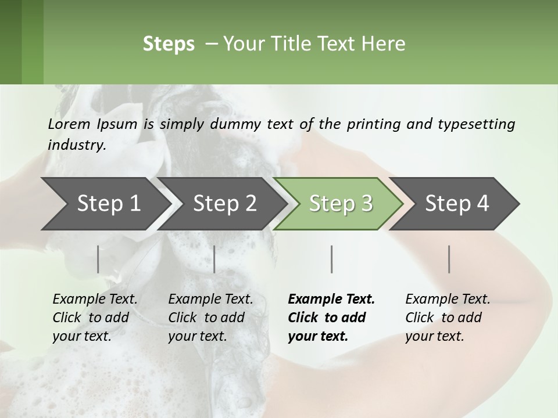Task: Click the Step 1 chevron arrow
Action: point(105,204)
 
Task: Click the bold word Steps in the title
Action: point(169,44)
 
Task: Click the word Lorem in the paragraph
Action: point(69,124)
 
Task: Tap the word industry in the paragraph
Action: point(76,145)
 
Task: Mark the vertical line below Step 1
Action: point(98,259)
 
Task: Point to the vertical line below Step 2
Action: point(214,259)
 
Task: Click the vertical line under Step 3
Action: point(331,259)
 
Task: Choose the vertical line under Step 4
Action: point(449,259)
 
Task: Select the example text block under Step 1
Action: point(94,318)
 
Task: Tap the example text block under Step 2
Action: point(210,318)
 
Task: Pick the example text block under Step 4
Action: point(447,318)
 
